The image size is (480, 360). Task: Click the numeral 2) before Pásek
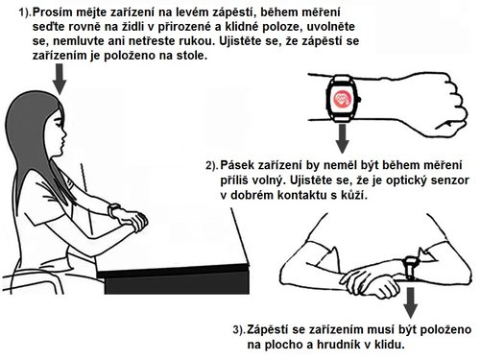tap(211, 165)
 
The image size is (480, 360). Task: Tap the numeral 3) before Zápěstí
tap(238, 330)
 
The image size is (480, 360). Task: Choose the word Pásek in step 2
tap(240, 164)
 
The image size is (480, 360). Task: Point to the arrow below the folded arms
tap(410, 300)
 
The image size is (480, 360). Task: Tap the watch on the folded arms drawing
tap(410, 263)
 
